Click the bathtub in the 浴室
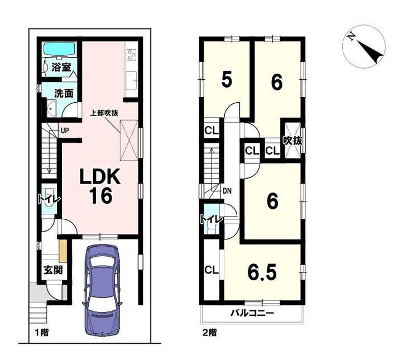point(59,49)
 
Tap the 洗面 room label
point(64,94)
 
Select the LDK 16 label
point(100,186)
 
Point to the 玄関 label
point(53,270)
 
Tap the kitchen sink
point(131,80)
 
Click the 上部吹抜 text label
point(104,113)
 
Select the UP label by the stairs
point(65,131)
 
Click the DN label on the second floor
point(227,191)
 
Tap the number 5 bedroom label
point(227,80)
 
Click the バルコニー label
point(253,313)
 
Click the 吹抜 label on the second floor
point(292,141)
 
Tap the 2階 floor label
point(210,333)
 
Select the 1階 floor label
point(42,333)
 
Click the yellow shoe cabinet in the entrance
point(63,251)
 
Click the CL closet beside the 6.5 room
point(212,270)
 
